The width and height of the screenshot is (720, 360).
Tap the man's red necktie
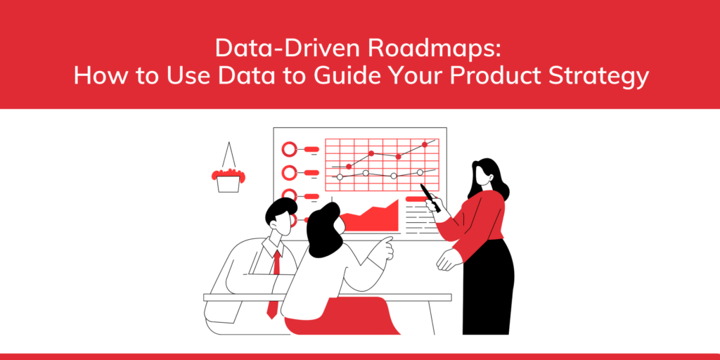(274, 281)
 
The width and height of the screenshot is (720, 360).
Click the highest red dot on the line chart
(425, 144)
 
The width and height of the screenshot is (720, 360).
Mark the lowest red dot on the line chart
(349, 167)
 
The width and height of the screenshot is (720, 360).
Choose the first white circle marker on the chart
(340, 176)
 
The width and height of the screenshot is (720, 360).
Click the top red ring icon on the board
(289, 149)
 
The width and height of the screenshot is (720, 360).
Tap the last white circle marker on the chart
(420, 172)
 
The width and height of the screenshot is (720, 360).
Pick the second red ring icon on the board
(289, 172)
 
